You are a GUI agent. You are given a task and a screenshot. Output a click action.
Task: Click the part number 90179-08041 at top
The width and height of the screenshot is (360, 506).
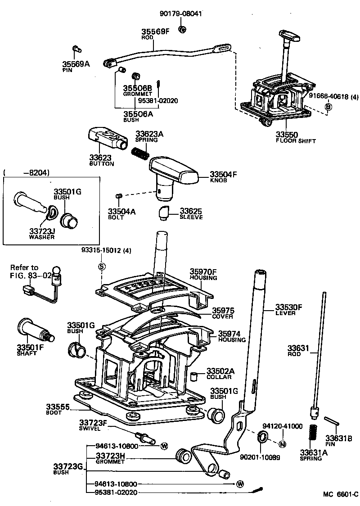180,14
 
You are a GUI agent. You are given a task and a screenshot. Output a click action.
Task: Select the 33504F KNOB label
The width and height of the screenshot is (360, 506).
222,176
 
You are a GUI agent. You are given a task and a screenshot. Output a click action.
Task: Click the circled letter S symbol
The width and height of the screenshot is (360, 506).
102,267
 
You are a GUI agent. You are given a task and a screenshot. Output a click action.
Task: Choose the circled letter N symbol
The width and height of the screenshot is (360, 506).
283,444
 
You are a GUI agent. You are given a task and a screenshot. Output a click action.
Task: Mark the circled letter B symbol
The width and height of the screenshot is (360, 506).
328,106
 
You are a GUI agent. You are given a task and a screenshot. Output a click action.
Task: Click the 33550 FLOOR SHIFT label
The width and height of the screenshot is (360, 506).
296,137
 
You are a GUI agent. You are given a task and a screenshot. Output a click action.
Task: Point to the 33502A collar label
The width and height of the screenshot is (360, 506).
220,373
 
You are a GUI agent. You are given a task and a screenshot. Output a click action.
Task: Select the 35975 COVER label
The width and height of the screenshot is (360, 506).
223,313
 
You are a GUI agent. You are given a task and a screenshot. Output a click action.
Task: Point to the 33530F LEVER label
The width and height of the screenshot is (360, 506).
288,310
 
